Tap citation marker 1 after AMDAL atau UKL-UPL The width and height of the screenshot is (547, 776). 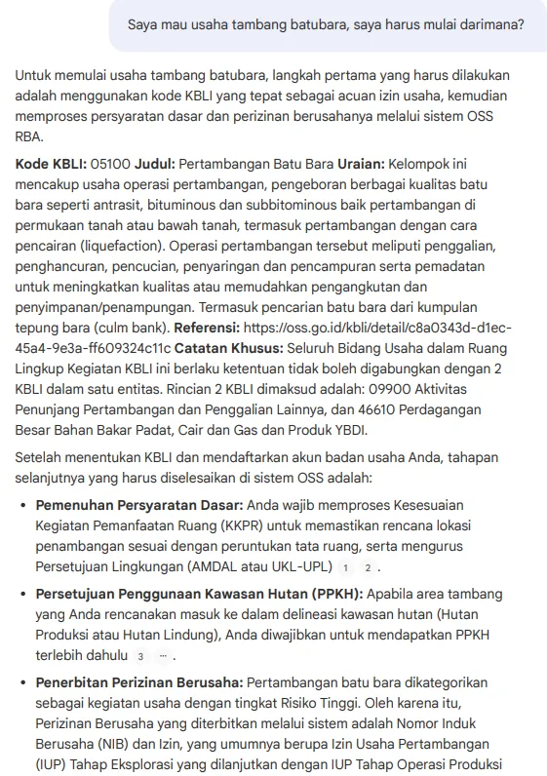pos(344,568)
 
